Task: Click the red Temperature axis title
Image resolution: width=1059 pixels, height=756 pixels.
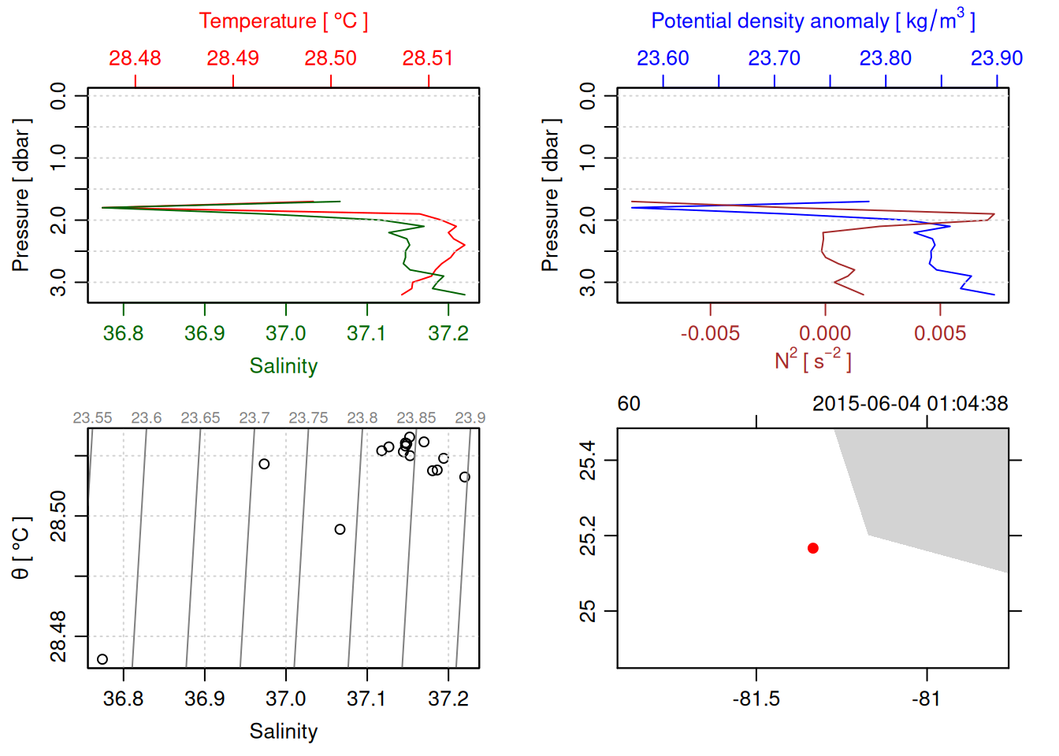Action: point(284,21)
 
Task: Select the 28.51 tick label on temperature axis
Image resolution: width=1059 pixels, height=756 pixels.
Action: point(428,58)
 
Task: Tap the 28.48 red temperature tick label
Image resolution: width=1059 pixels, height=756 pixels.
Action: point(135,58)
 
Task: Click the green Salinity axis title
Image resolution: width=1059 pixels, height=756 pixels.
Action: point(284,366)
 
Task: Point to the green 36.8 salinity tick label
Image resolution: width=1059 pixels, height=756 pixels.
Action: point(124,334)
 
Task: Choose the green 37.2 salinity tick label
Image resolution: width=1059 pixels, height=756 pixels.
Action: point(448,334)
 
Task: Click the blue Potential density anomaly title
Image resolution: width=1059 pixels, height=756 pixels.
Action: point(812,21)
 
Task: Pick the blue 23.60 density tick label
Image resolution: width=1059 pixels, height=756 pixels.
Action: point(663,58)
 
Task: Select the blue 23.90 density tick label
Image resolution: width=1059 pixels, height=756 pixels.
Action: point(997,58)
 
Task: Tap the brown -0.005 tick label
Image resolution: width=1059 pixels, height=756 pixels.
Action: point(710,334)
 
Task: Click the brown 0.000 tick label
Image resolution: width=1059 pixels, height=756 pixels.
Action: point(825,334)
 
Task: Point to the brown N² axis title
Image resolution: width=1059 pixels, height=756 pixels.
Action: point(812,360)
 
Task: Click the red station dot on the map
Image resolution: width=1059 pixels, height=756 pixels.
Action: point(813,548)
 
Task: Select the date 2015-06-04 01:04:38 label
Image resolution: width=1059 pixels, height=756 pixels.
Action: point(910,404)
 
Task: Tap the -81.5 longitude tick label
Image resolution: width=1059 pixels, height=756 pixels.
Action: point(756,699)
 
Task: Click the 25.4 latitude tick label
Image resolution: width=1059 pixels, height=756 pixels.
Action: point(588,461)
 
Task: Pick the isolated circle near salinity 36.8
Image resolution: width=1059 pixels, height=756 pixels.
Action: point(102,659)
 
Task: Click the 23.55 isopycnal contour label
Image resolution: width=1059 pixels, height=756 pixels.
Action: point(92,418)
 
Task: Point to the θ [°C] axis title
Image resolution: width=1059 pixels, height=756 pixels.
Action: point(21,548)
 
